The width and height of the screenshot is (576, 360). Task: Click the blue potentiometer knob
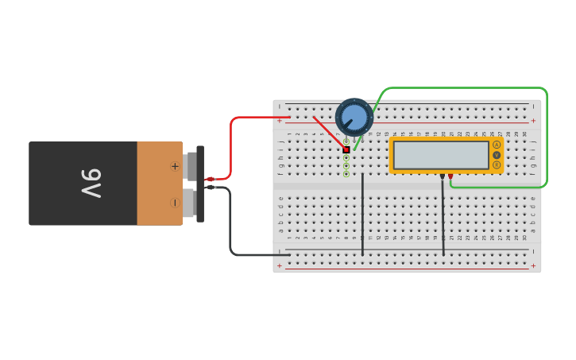354,118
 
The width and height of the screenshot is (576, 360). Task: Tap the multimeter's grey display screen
441,155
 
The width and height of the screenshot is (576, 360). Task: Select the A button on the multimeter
497,145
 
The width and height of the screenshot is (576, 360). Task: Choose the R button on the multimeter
497,165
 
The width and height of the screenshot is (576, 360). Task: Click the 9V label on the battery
91,184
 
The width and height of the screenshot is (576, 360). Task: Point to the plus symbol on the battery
175,166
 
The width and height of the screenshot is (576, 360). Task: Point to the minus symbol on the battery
175,203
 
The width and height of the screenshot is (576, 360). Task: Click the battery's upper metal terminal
191,166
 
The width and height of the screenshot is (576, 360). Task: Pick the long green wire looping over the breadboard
547,135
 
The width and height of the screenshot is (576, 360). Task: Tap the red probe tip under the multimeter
450,176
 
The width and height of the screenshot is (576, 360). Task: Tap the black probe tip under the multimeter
442,176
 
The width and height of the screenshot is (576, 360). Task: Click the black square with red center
346,149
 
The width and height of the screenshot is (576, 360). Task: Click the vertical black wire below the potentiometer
363,215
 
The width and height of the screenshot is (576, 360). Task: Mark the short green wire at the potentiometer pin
358,142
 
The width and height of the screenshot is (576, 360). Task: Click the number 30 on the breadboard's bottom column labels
524,238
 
